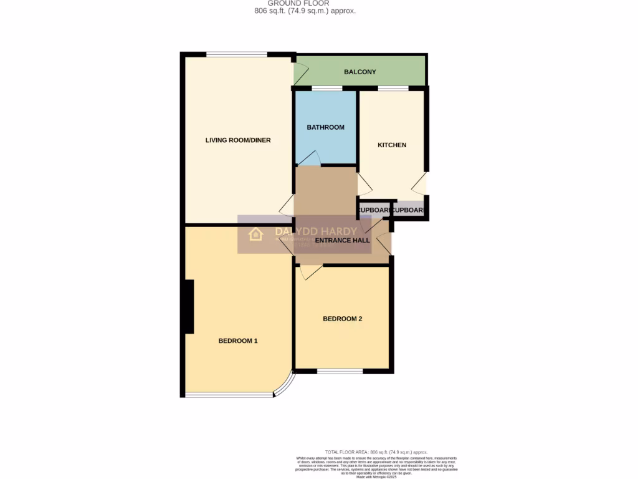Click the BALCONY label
[x=360, y=72]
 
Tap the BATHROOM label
[x=325, y=127]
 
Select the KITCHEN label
[x=392, y=145]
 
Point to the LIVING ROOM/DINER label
[x=238, y=140]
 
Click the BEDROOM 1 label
[x=238, y=341]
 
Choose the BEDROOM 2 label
[x=342, y=319]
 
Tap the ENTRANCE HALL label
[x=342, y=241]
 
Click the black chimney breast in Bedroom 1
[x=188, y=306]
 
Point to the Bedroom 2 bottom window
[x=340, y=372]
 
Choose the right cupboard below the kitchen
[x=409, y=210]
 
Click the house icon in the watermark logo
[x=255, y=235]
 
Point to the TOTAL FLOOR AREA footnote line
[x=376, y=452]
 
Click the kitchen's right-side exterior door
[x=421, y=183]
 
